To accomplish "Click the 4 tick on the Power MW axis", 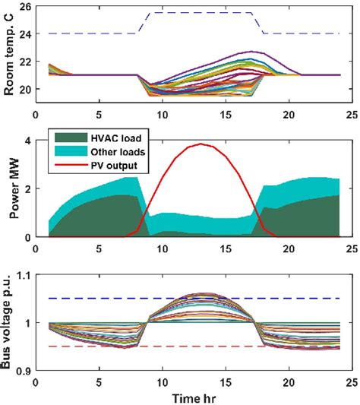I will click(x=27, y=141).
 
